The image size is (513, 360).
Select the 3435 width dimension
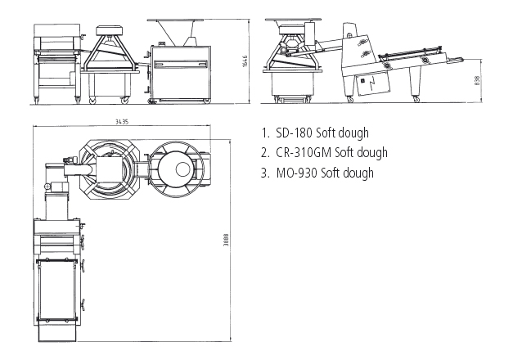tap(122, 120)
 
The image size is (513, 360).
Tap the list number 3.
tap(265, 173)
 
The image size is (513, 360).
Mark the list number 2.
tap(265, 153)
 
